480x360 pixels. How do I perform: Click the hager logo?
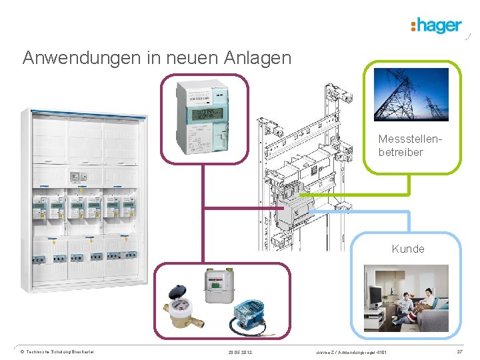(x=437, y=25)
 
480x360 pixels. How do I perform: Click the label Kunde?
(x=408, y=249)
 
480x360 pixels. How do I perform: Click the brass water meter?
(x=179, y=313)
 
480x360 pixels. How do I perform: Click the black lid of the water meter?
(x=177, y=291)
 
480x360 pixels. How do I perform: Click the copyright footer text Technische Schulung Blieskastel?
(x=60, y=351)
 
